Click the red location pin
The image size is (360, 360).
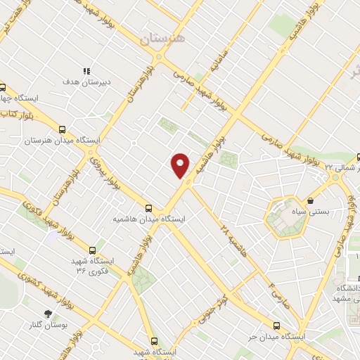click(181, 165)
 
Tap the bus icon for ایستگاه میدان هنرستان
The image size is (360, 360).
click(63, 129)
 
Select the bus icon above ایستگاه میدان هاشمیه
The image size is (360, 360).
click(148, 208)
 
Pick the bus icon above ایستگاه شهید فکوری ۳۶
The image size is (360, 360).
click(92, 250)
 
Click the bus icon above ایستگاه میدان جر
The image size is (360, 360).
click(276, 326)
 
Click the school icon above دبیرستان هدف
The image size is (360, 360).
click(87, 71)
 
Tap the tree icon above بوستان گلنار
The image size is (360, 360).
click(48, 314)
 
